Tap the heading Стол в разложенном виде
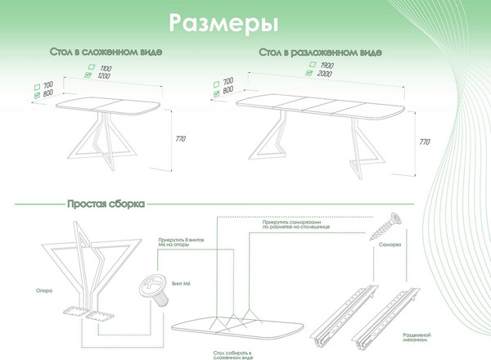point(320,52)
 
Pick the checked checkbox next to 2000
point(309,73)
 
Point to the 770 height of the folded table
point(180,140)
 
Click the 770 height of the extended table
point(424,142)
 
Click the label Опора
point(44,290)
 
